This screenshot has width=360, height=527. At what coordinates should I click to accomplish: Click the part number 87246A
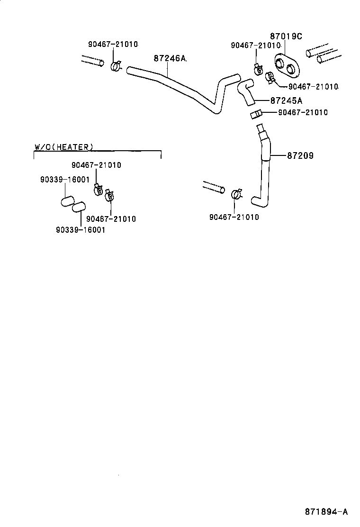click(170, 58)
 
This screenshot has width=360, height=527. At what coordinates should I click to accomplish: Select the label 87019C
click(286, 36)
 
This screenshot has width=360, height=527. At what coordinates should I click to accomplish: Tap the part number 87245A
click(286, 100)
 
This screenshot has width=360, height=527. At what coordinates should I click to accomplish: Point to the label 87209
click(300, 155)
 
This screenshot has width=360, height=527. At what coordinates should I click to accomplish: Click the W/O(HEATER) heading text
click(64, 147)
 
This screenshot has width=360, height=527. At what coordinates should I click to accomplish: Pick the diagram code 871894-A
click(326, 512)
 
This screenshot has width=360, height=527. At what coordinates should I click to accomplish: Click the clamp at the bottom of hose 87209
click(236, 194)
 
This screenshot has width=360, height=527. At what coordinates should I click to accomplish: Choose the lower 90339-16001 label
click(80, 229)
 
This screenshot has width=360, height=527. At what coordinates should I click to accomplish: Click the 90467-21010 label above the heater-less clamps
click(96, 165)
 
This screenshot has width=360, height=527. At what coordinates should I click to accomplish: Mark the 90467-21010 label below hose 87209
click(234, 217)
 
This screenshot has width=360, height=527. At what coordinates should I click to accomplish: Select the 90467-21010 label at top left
click(113, 44)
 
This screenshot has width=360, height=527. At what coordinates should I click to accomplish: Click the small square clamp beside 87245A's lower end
click(256, 114)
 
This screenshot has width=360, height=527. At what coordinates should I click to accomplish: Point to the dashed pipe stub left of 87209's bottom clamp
click(213, 187)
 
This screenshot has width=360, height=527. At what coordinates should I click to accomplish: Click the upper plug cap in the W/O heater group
click(68, 201)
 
